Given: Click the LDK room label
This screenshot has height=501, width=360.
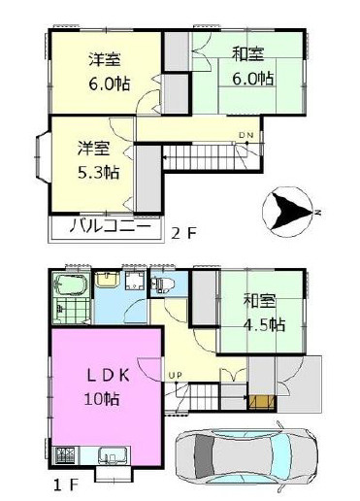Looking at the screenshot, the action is click(x=109, y=376).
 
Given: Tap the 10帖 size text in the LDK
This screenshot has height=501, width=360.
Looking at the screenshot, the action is click(x=102, y=399).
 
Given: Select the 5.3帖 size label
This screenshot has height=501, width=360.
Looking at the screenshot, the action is click(x=98, y=172).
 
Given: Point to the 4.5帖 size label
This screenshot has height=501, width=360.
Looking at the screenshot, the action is click(x=264, y=324).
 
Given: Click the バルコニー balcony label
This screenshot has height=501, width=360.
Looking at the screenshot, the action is click(x=111, y=226).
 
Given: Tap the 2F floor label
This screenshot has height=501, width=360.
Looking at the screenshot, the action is click(x=183, y=233).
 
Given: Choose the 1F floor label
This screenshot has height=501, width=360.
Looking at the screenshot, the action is click(x=66, y=484).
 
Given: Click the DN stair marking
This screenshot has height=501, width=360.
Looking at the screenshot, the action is click(x=246, y=135).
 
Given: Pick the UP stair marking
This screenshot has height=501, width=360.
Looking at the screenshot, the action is click(x=175, y=376).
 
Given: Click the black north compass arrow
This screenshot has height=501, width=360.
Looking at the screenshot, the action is click(x=291, y=211).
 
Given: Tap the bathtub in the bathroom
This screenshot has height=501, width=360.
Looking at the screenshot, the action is click(x=71, y=284).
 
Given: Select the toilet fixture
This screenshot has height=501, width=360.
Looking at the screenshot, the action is click(x=163, y=284).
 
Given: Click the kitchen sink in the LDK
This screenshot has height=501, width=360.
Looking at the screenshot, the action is click(x=109, y=456).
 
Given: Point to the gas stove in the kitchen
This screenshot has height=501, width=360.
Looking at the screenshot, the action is click(x=66, y=455).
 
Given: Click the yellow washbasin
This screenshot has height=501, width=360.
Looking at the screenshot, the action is click(x=107, y=280).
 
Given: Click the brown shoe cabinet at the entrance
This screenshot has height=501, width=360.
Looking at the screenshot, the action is click(x=262, y=402).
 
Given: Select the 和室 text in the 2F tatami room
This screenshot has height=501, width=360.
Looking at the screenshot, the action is click(x=247, y=54).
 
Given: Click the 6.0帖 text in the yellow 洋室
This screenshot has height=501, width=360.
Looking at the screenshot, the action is click(x=110, y=83).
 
